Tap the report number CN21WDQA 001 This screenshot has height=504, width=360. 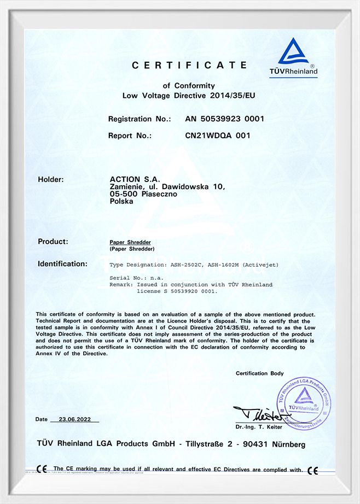pos(218,135)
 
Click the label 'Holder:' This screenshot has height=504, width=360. pos(51,179)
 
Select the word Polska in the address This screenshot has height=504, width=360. pos(121,201)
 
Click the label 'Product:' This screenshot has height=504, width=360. pos(53,241)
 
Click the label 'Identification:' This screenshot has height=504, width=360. pos(62,264)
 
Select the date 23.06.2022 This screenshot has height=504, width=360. pos(74,419)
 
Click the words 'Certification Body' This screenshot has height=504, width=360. pos(260,373)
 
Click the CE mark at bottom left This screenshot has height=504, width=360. pos(42,469)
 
